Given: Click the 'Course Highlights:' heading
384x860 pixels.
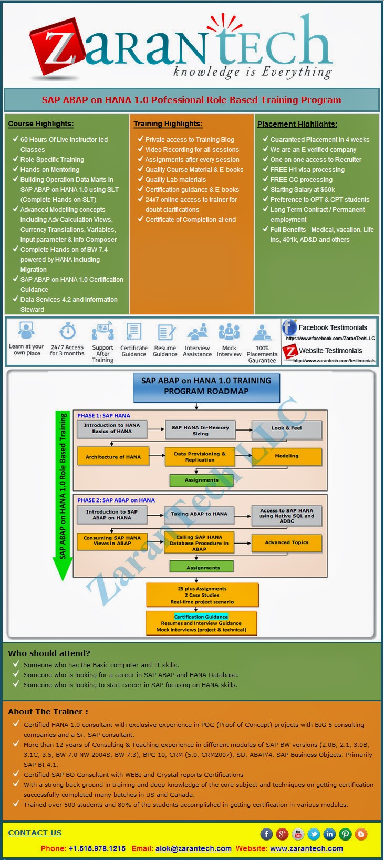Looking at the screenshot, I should (x=41, y=124).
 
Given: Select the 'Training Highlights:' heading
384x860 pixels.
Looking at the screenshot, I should (x=168, y=124).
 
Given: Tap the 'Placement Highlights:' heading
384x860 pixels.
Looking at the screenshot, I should (x=297, y=125).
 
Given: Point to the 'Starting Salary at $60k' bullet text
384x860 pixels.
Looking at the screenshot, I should (x=303, y=190).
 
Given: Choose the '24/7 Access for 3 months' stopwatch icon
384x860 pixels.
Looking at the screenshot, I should (x=67, y=332).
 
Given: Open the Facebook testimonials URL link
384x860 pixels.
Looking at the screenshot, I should (x=330, y=339).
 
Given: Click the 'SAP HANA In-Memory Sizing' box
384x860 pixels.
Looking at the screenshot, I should (x=200, y=431).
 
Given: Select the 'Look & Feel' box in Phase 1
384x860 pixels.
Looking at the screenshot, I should (x=286, y=429).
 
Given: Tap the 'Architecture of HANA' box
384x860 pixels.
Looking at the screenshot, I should (x=113, y=457).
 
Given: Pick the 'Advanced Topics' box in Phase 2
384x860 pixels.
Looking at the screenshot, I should (x=286, y=543).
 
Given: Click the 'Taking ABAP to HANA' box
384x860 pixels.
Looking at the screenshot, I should (x=199, y=515).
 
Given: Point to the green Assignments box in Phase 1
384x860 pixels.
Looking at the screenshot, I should (x=201, y=480).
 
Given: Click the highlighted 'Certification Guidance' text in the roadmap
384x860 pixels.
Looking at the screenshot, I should (x=201, y=617).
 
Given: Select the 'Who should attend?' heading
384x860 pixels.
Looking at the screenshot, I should (x=49, y=653).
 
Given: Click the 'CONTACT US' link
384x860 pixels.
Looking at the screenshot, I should (x=35, y=833).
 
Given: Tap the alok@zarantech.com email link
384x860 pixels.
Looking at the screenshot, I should (x=193, y=848).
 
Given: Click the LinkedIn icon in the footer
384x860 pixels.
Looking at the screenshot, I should (x=329, y=834).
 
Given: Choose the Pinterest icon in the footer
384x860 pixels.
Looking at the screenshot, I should (x=345, y=834).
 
